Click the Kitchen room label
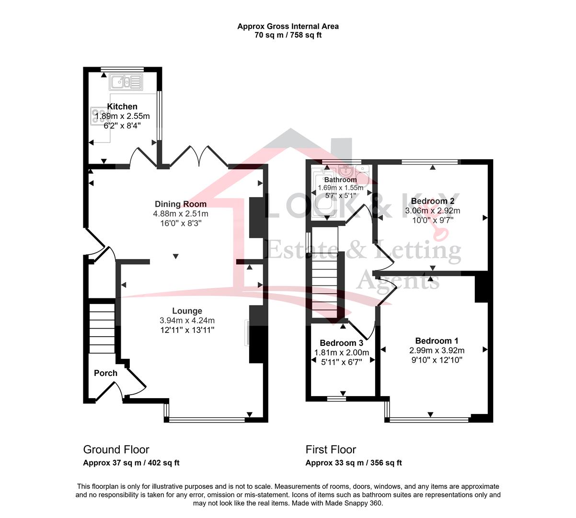[x=122, y=106]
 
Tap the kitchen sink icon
[x=126, y=82]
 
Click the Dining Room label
[x=181, y=204]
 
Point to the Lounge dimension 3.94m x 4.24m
[x=187, y=320]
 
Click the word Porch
[x=105, y=373]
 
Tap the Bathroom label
[x=340, y=179]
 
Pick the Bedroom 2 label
[x=432, y=201]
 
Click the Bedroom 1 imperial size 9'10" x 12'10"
[x=437, y=360]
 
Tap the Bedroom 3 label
[x=342, y=342]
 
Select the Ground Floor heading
[x=116, y=449]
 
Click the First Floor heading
[x=331, y=449]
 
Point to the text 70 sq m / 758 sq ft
[x=288, y=35]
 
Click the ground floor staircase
[x=102, y=328]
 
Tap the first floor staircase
[x=324, y=285]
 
